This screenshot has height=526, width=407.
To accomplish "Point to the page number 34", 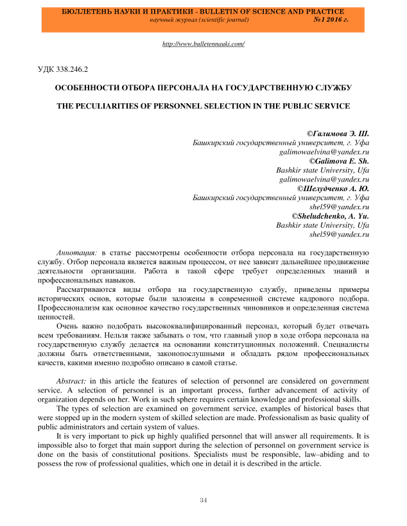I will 203,500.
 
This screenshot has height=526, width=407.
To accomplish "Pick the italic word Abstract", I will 72,380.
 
